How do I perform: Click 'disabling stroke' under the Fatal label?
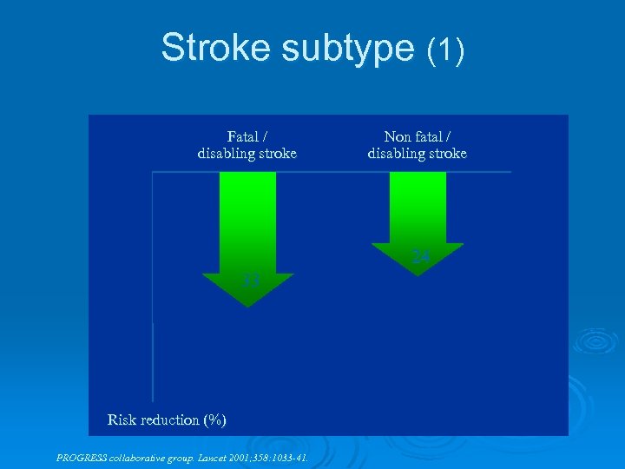coord(247,154)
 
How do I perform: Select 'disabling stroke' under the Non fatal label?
coord(417,154)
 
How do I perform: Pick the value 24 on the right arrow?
coord(420,257)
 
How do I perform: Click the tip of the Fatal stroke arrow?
coord(248,304)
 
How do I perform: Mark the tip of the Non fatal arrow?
coord(418,274)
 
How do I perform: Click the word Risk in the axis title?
coord(122,420)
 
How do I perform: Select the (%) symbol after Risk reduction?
coord(214,420)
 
